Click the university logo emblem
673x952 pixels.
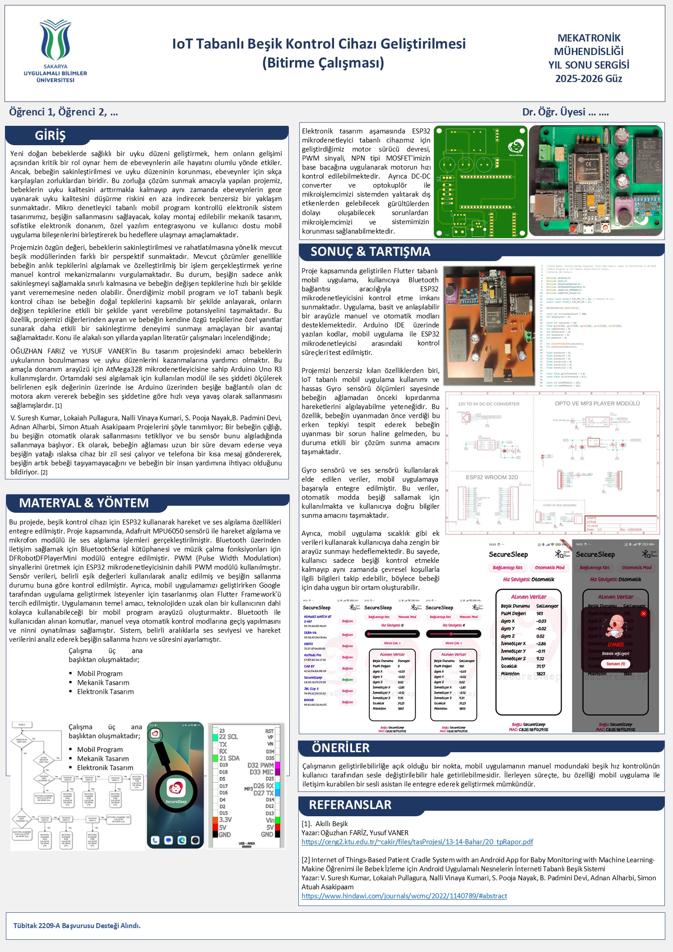(56, 41)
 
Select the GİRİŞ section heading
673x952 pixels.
(50, 135)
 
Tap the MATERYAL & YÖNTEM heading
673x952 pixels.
(84, 503)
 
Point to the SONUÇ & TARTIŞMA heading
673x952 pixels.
(370, 252)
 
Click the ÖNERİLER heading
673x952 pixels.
(340, 748)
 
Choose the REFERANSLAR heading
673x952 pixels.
(350, 805)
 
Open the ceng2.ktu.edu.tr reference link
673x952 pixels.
(417, 842)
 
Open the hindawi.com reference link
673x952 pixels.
(404, 896)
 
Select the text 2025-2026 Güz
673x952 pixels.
(589, 79)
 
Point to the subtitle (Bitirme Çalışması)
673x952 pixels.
(323, 63)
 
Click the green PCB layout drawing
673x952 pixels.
(480, 182)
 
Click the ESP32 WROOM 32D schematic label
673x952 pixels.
(492, 477)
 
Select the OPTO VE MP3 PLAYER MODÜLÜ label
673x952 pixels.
(597, 404)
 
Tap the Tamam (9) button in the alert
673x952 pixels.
(616, 664)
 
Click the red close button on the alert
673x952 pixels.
(644, 613)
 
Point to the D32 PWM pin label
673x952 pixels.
(260, 765)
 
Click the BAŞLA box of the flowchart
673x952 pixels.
(22, 725)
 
